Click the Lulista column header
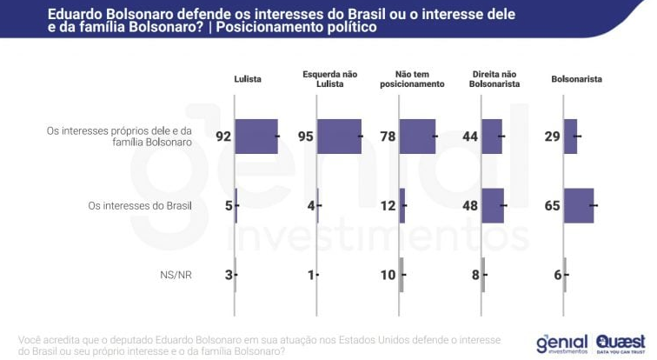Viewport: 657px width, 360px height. click(x=248, y=79)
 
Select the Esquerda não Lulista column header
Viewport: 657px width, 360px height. click(x=329, y=79)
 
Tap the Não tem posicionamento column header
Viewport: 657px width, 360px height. click(x=413, y=79)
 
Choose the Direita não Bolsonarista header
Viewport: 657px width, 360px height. click(x=495, y=79)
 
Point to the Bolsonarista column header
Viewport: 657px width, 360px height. click(x=577, y=79)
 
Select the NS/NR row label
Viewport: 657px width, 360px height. click(x=176, y=275)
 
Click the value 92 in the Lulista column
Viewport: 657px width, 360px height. click(x=223, y=137)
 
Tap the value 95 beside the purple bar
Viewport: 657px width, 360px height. click(x=306, y=137)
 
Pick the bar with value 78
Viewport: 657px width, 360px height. click(x=417, y=137)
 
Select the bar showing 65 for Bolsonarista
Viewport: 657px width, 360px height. click(x=579, y=206)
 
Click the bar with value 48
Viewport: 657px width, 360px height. click(x=493, y=206)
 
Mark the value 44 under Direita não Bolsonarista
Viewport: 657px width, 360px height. click(x=470, y=137)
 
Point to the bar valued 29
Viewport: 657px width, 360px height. click(x=570, y=137)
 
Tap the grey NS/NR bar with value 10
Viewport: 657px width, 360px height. click(x=401, y=275)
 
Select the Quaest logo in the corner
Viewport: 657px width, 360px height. click(x=620, y=343)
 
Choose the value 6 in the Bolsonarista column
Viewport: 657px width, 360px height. click(x=557, y=275)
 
